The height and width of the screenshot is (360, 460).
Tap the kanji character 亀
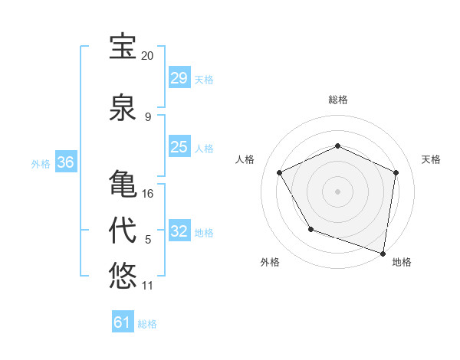(x=123, y=184)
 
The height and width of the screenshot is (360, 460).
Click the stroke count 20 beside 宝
(x=147, y=56)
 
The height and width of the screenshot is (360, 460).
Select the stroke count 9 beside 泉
(x=148, y=116)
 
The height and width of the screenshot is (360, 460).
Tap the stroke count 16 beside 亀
(x=148, y=193)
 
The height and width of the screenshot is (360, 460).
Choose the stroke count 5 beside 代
(x=148, y=240)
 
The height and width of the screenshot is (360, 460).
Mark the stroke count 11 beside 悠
(x=147, y=286)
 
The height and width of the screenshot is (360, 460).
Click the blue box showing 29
(x=179, y=78)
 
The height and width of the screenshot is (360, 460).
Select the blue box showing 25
(x=179, y=147)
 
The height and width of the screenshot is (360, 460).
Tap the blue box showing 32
(x=179, y=231)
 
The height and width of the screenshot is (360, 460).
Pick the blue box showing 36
(x=65, y=162)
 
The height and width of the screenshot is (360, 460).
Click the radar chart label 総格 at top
(x=338, y=100)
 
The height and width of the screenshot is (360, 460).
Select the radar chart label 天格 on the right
(x=431, y=159)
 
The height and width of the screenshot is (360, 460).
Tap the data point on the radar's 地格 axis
(x=383, y=253)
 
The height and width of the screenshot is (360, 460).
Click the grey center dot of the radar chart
(x=337, y=191)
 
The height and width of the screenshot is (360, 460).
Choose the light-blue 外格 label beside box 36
(x=41, y=163)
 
